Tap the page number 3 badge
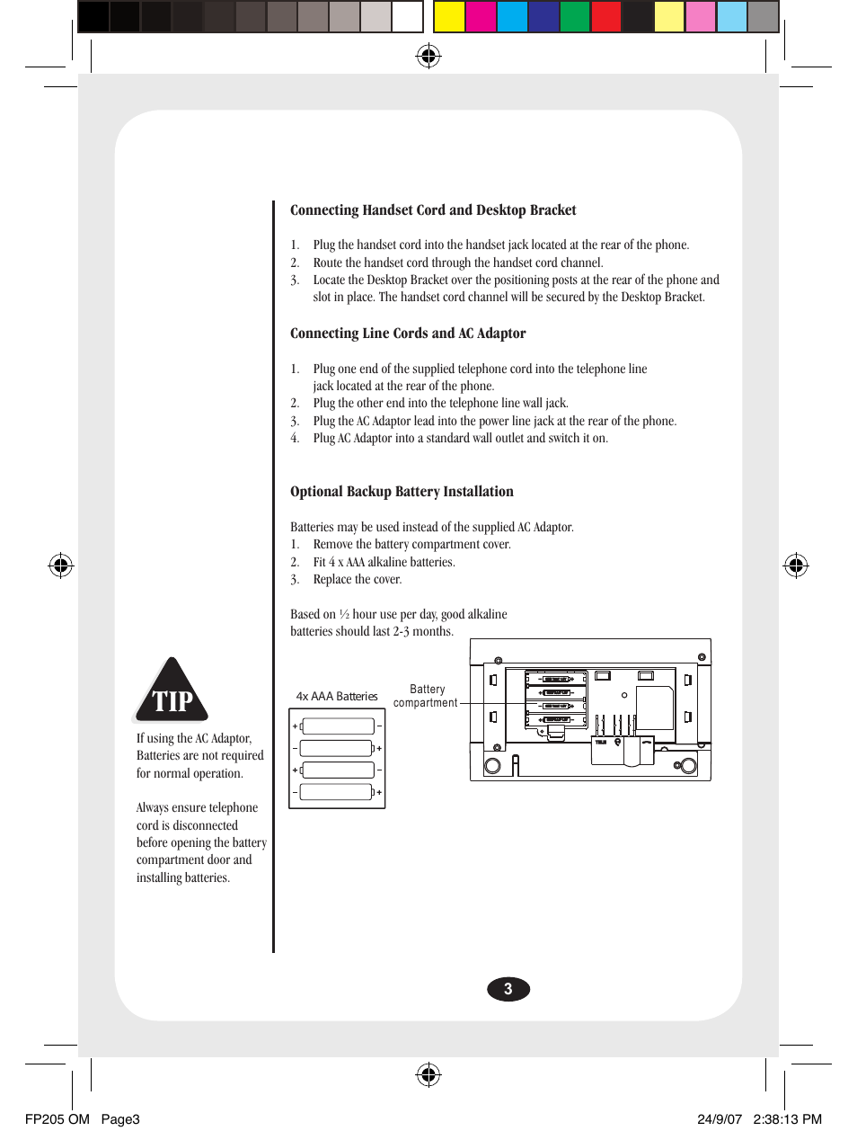[x=508, y=989]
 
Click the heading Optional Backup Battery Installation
[x=402, y=492]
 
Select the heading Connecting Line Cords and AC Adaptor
[x=408, y=334]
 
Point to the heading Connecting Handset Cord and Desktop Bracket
[x=433, y=210]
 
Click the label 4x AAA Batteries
[x=337, y=696]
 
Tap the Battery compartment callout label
[x=426, y=696]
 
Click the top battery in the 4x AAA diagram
[x=338, y=726]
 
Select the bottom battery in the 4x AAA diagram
[x=336, y=792]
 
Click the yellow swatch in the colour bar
[x=449, y=17]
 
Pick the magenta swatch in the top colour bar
[x=481, y=17]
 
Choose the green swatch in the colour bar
[x=574, y=17]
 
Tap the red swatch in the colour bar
[x=606, y=17]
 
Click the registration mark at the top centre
[x=428, y=57]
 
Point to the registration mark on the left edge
[x=60, y=565]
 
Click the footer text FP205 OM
[x=57, y=1119]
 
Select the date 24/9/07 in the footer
[x=720, y=1119]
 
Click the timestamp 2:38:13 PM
[x=787, y=1119]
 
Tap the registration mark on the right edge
[x=796, y=565]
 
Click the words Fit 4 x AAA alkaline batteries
[x=384, y=562]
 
